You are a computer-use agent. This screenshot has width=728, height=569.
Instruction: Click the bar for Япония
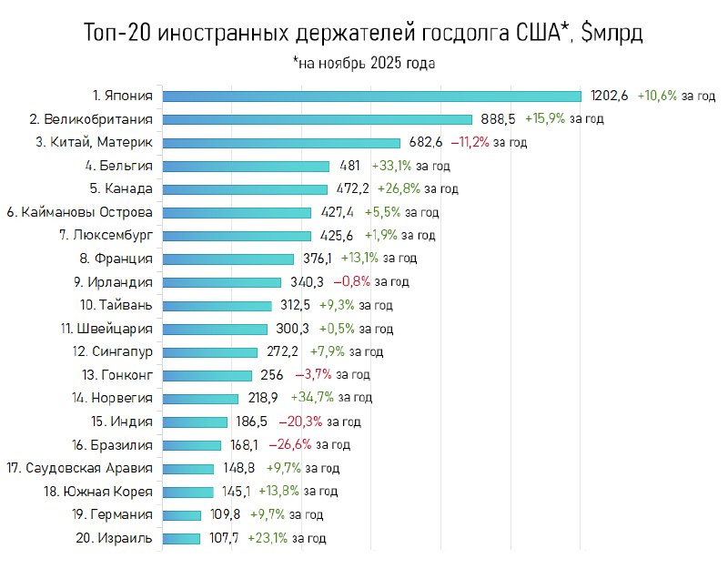(x=371, y=96)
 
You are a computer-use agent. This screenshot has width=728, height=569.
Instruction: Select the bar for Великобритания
(x=317, y=119)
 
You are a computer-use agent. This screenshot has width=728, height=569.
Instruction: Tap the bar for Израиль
(x=181, y=538)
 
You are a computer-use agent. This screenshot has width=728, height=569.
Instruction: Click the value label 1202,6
(x=610, y=96)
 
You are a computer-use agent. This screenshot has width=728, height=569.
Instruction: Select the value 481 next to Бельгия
(x=350, y=166)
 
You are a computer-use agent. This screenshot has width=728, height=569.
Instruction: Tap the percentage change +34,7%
(x=311, y=398)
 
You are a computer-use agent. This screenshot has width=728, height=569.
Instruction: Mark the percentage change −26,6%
(x=289, y=444)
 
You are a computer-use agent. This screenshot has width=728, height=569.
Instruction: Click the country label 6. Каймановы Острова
(x=79, y=212)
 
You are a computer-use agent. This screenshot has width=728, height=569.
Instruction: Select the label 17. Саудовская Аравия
(x=79, y=468)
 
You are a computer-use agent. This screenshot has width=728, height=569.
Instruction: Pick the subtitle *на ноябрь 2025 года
(x=364, y=64)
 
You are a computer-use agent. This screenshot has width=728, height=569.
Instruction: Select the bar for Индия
(x=195, y=422)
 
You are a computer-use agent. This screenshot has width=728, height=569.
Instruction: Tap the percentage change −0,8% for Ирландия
(x=349, y=282)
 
